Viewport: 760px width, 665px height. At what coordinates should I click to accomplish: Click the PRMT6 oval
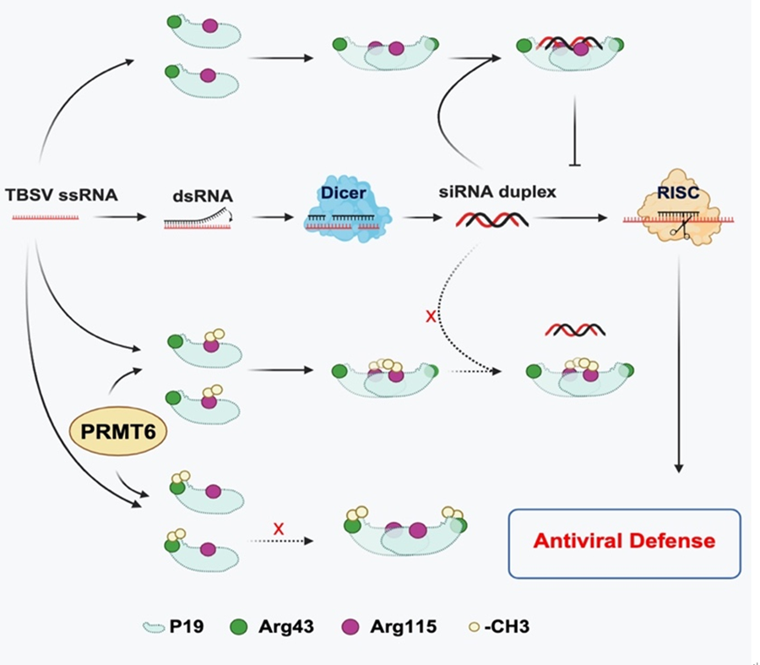[117, 431]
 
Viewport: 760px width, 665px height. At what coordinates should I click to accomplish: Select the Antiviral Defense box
[624, 542]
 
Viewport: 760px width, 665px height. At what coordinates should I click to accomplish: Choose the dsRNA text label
[200, 194]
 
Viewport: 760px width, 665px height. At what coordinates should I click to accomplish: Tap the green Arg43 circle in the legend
[240, 626]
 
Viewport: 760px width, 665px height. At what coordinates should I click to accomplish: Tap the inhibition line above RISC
[576, 127]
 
